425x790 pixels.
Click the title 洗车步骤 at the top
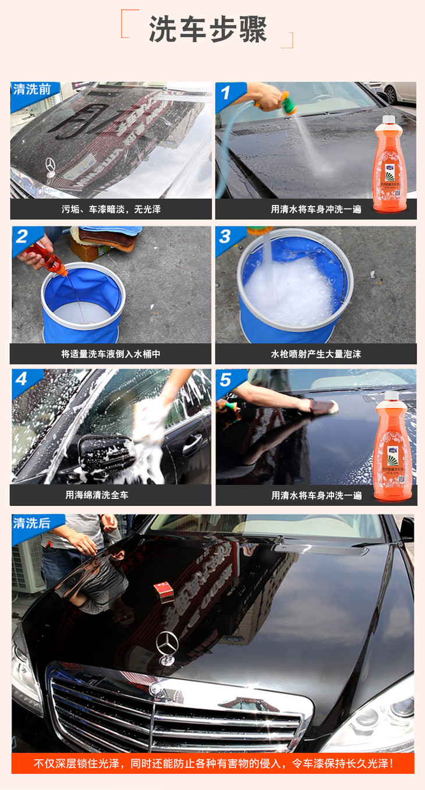point(208,29)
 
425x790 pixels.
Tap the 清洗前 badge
point(33,90)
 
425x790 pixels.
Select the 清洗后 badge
point(33,522)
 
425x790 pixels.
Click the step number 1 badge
point(225,92)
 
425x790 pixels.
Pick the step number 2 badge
point(22,236)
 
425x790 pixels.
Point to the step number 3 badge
point(225,236)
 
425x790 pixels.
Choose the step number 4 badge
point(22,378)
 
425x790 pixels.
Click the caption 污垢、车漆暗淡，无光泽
point(111,209)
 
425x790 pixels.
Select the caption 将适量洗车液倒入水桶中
point(111,353)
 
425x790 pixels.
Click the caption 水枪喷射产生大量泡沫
point(316,353)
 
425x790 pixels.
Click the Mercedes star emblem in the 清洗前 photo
point(50,167)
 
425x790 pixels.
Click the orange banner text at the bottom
point(212,763)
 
